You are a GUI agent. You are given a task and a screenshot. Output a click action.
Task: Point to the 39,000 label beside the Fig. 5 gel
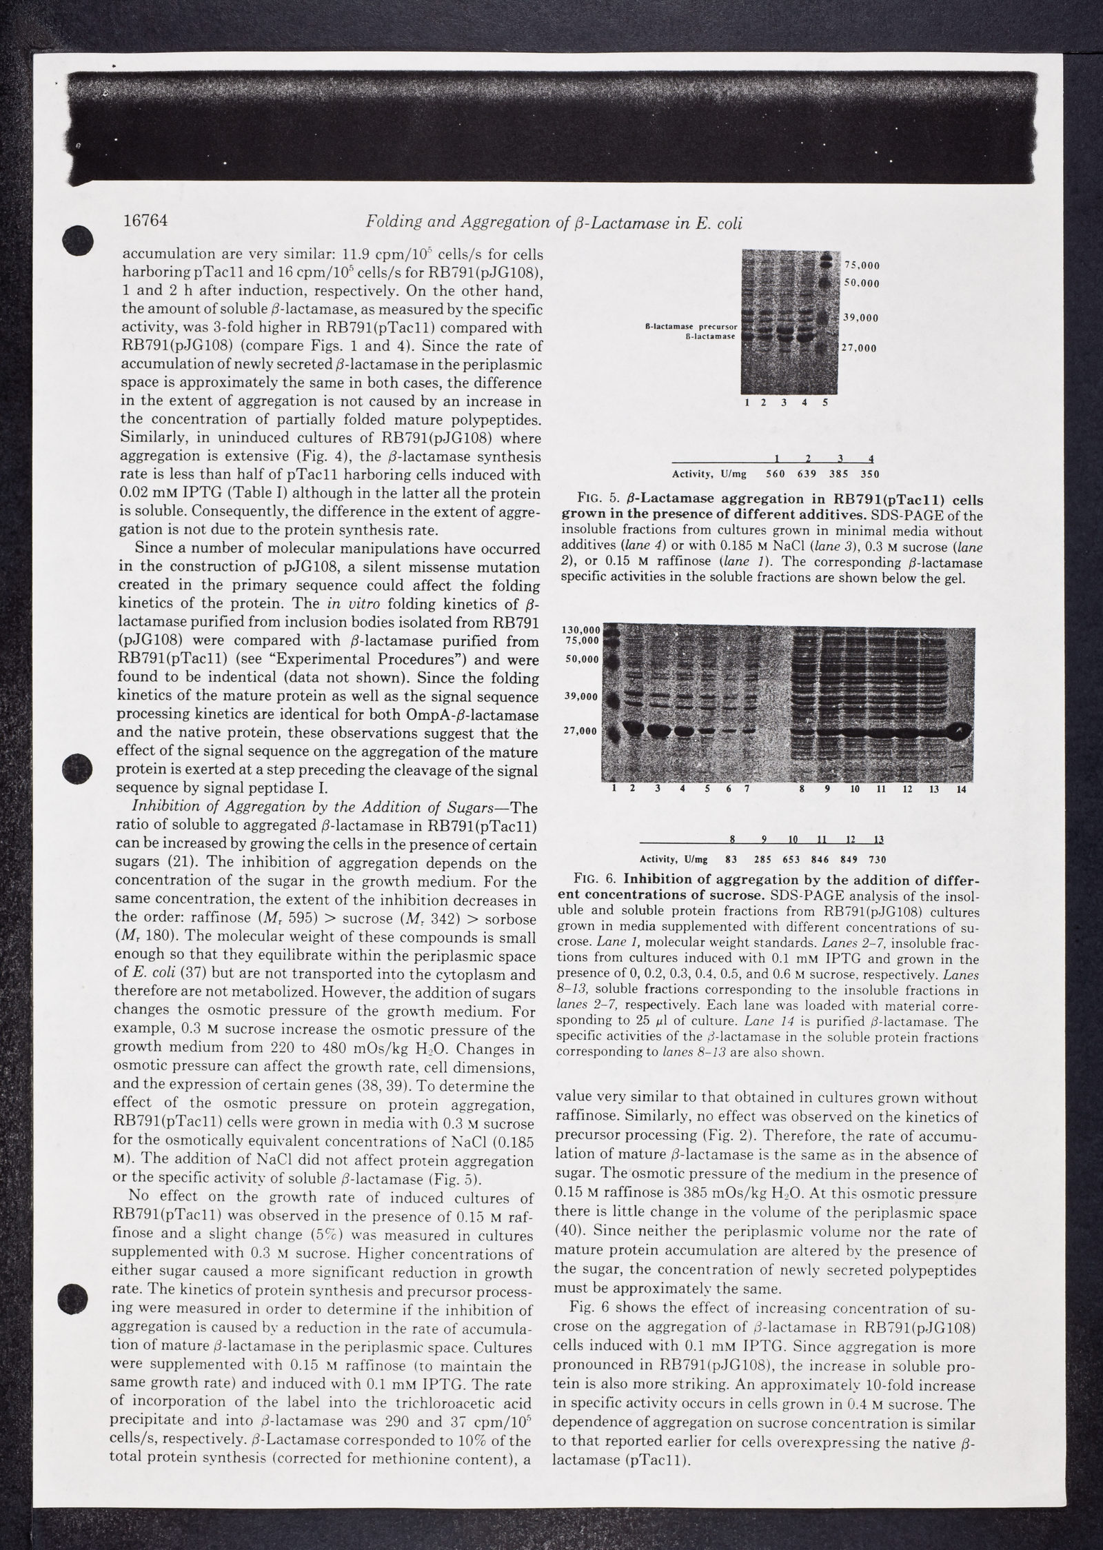[x=861, y=318]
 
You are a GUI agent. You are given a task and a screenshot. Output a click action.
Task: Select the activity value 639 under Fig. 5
[x=807, y=474]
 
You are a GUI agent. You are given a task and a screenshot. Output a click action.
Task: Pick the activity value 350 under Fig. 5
[x=869, y=474]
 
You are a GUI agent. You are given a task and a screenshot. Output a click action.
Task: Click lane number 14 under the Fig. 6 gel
[x=960, y=789]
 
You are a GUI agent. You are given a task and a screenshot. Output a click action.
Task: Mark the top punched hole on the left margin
[x=78, y=241]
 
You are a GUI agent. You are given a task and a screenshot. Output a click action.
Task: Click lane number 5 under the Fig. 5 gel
[x=824, y=403]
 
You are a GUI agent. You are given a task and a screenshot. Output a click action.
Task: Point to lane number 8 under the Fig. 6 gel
[x=802, y=789]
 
